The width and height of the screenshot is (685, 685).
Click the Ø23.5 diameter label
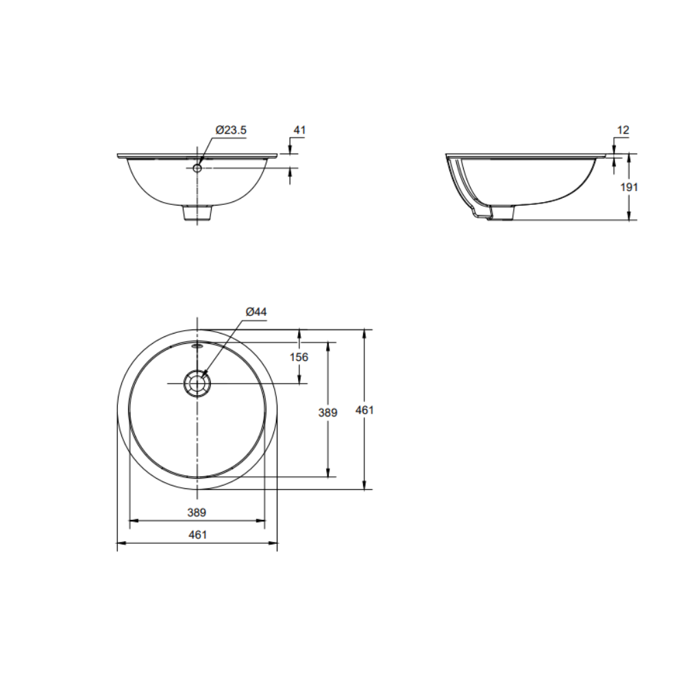point(230,129)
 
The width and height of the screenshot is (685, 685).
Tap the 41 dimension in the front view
point(299,129)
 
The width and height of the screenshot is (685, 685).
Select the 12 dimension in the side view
point(623,129)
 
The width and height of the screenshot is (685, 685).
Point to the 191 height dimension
point(630,187)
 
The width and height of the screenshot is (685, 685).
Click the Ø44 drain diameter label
point(256,312)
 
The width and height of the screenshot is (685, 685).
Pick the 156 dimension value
point(299,357)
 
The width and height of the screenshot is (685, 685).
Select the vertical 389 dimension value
point(329,412)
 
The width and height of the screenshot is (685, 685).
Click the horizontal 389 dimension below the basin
point(197,512)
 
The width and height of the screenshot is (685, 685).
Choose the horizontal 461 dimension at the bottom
point(197,535)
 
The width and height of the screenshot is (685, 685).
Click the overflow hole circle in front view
point(197,167)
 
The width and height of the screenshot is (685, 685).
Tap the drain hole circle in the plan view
point(197,384)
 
